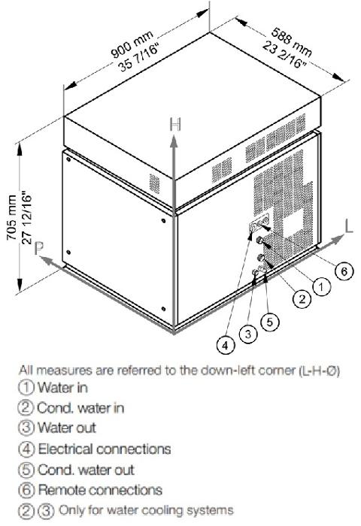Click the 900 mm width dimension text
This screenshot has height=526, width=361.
(x=132, y=44)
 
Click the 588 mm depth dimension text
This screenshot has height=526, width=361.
(x=292, y=41)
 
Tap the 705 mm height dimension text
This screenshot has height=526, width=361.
(x=12, y=217)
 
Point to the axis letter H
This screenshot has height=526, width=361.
(x=175, y=125)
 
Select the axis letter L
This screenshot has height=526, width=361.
(x=349, y=225)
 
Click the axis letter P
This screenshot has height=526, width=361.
(x=39, y=249)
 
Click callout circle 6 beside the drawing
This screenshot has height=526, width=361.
(x=344, y=271)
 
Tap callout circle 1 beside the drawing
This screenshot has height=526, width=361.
(x=321, y=287)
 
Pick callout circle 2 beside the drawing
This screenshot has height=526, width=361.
(x=302, y=298)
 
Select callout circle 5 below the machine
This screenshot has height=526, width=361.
(x=270, y=322)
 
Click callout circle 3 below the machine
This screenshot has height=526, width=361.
(x=248, y=334)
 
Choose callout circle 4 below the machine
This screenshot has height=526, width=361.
(x=226, y=345)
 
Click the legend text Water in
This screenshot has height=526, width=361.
(x=62, y=388)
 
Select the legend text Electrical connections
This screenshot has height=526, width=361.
(x=105, y=449)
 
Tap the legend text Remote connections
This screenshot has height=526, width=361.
(x=100, y=490)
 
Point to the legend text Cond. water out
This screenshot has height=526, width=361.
(x=86, y=470)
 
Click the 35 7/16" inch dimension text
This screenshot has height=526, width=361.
(x=138, y=58)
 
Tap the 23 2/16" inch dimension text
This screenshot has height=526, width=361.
(x=284, y=54)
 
